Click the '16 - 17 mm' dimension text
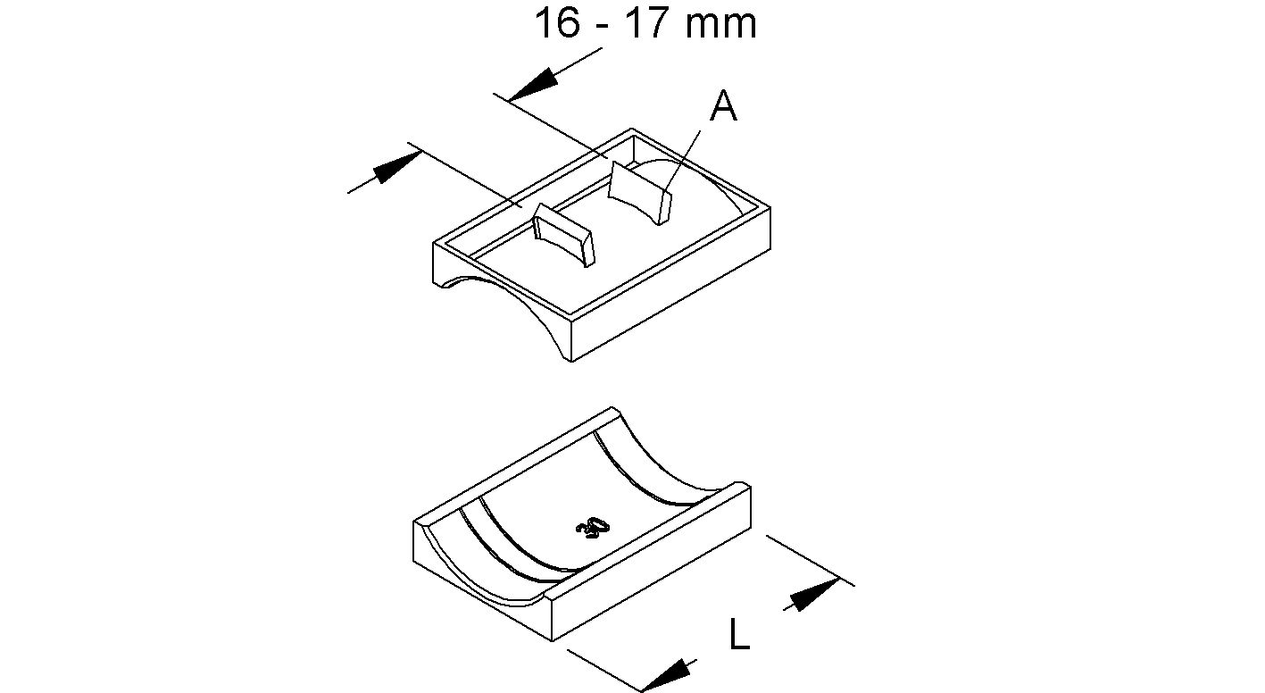pos(645,23)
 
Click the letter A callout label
pos(723,107)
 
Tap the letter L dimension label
pos(738,635)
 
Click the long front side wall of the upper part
pos(670,295)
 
